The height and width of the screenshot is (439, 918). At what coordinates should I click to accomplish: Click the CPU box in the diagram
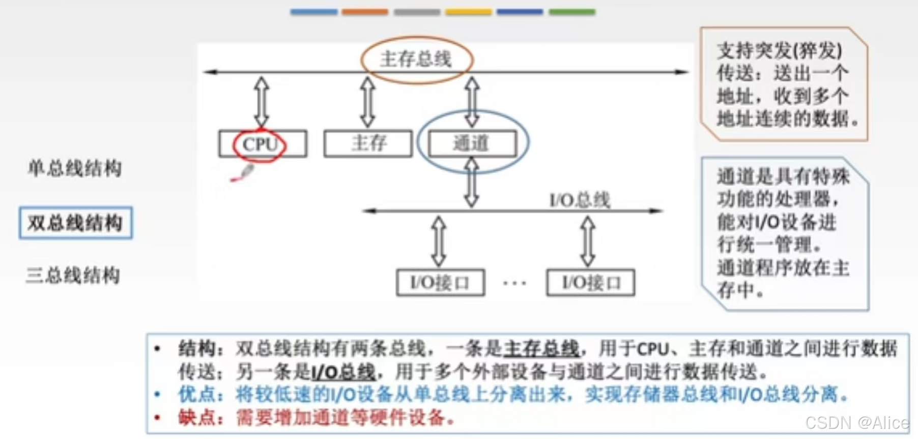coord(262,144)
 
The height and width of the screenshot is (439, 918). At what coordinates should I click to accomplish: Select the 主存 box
coord(368,144)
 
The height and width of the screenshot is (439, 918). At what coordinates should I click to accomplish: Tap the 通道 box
coord(472,143)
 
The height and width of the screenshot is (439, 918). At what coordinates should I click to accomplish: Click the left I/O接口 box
coord(440,283)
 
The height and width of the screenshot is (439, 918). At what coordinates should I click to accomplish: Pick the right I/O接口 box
coord(590,283)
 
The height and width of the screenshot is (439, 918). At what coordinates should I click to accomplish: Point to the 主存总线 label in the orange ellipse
coord(416,60)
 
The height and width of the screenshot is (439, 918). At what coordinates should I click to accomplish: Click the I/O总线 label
coord(580,200)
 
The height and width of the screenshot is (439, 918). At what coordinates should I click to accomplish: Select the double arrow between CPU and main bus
coord(262,102)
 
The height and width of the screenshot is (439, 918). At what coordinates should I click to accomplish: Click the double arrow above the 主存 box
coord(367,102)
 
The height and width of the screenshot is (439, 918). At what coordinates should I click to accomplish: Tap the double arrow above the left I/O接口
coord(439,241)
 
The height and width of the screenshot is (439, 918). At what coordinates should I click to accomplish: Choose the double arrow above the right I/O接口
coord(588,241)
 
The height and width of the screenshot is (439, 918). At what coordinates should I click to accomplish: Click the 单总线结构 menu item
coord(75,168)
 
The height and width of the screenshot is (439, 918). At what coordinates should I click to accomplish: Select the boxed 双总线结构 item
coord(75,223)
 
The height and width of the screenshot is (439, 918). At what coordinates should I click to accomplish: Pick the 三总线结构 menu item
coord(73,275)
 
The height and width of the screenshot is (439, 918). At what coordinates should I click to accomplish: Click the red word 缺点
coord(193,418)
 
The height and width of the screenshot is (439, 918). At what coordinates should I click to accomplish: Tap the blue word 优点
coord(193,394)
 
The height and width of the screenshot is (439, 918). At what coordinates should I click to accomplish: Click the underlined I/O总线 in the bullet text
coord(343,372)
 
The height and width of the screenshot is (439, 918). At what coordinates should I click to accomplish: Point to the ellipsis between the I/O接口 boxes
coord(514,283)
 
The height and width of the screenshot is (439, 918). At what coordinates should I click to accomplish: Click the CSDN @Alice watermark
coord(856,423)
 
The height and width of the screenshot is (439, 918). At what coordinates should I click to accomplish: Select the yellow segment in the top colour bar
coord(468,12)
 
